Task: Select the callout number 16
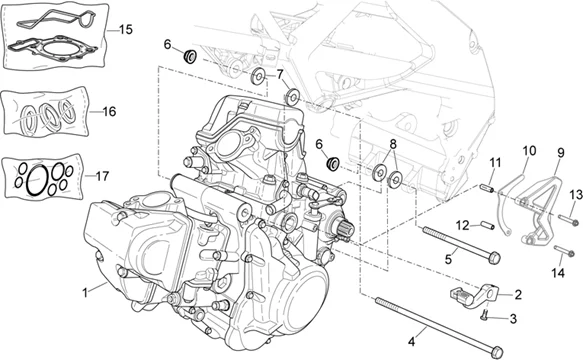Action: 107,111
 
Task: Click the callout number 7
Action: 280,73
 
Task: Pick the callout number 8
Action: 393,145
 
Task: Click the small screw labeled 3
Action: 484,319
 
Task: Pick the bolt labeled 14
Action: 561,245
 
